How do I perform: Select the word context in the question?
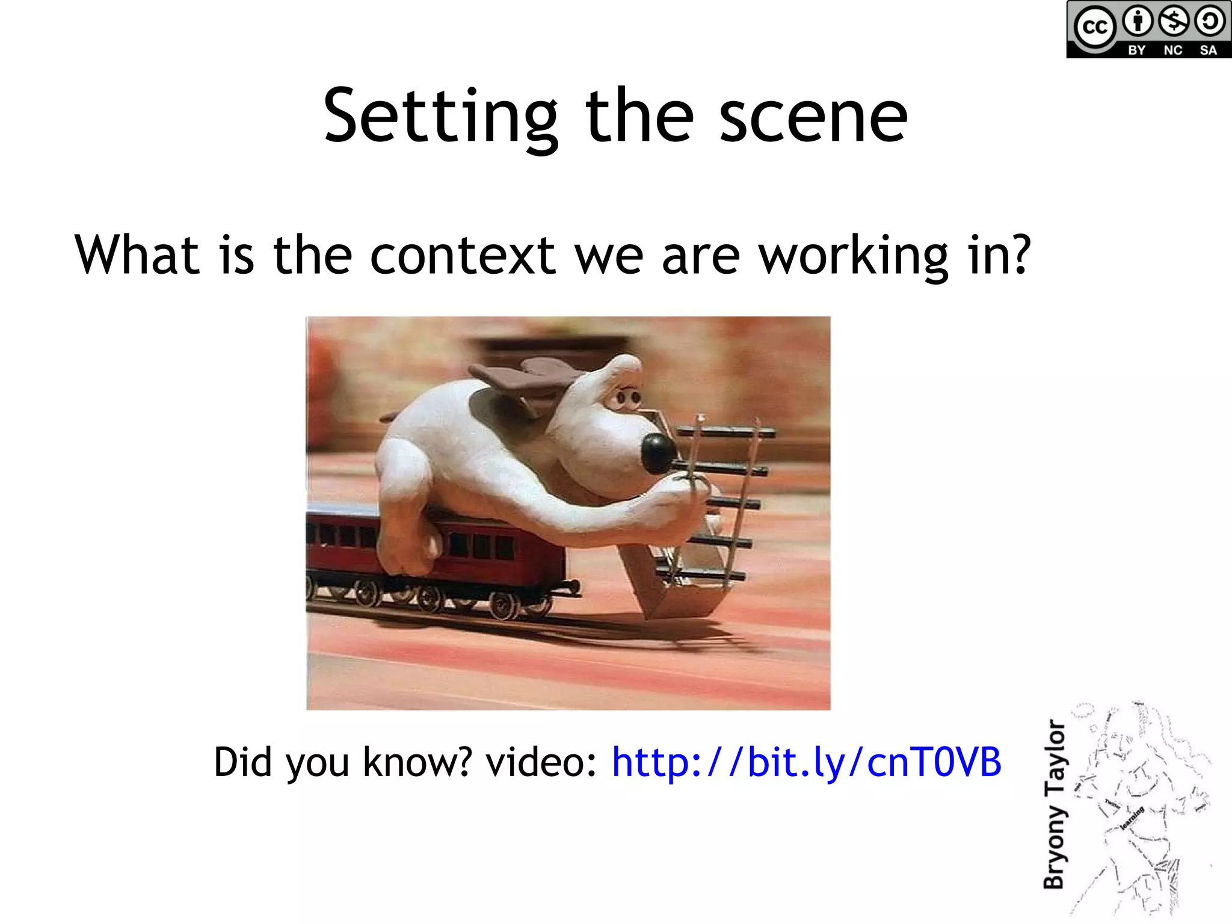(x=462, y=256)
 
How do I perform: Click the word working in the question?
(x=853, y=256)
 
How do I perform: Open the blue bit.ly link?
(x=806, y=762)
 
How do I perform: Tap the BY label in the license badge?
(x=1136, y=51)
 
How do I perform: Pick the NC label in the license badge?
(x=1172, y=51)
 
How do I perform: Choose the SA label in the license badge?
(x=1209, y=51)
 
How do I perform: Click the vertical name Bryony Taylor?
(x=1055, y=804)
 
